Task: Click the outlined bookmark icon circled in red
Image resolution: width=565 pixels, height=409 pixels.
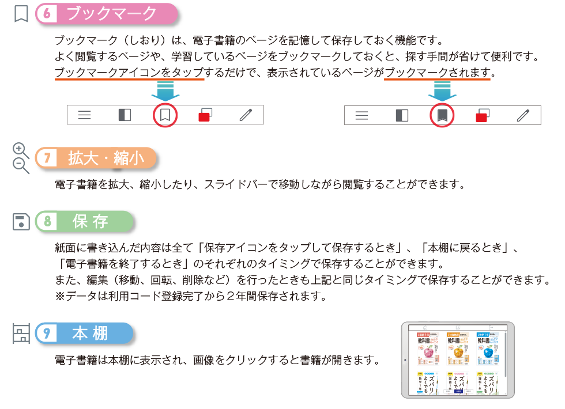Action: click(x=165, y=115)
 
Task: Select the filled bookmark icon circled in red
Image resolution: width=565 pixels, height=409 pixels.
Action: click(x=442, y=115)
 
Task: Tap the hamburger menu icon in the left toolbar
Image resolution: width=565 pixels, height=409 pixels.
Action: click(x=85, y=115)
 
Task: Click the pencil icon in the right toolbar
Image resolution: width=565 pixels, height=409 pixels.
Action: click(x=523, y=115)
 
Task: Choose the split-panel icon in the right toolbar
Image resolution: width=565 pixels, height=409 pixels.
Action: click(x=402, y=115)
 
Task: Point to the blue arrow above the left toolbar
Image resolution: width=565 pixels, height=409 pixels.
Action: click(x=165, y=90)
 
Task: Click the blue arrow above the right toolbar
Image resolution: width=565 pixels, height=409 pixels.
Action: click(x=442, y=90)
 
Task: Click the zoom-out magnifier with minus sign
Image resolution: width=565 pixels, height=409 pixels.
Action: click(x=21, y=165)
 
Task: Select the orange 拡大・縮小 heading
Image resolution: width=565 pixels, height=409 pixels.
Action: click(x=106, y=159)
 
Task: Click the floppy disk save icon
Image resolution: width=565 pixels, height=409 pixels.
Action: click(x=21, y=222)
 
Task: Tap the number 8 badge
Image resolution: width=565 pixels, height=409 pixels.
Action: click(x=47, y=222)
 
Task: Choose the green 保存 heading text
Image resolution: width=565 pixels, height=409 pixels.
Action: click(x=91, y=222)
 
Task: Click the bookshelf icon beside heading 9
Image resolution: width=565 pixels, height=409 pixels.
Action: click(x=21, y=334)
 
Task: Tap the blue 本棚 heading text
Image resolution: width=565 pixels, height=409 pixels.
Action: click(x=91, y=334)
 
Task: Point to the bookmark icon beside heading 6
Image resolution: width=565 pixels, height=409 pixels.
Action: click(x=21, y=14)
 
